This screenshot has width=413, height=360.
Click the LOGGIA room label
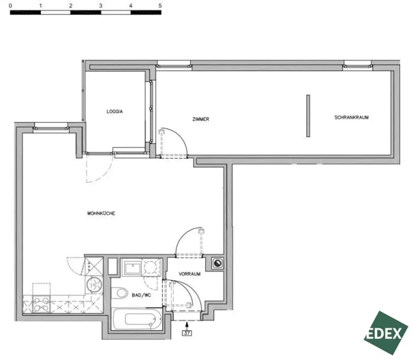pyautogui.click(x=115, y=111)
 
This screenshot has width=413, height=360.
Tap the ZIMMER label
pyautogui.click(x=201, y=119)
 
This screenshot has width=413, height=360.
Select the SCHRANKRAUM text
pyautogui.click(x=351, y=118)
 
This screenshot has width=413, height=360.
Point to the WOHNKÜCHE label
pyautogui.click(x=101, y=213)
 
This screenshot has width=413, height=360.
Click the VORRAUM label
pyautogui.click(x=190, y=274)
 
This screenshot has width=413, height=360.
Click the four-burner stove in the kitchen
pyautogui.click(x=41, y=304)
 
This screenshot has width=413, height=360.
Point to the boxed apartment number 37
pyautogui.click(x=187, y=333)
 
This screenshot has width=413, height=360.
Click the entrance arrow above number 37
pyautogui.click(x=187, y=324)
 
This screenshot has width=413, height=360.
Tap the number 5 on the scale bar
pyautogui.click(x=160, y=6)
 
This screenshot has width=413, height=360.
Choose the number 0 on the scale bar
pyautogui.click(x=10, y=6)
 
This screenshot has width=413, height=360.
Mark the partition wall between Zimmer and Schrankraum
pyautogui.click(x=308, y=116)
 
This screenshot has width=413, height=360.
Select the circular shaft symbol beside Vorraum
pyautogui.click(x=218, y=264)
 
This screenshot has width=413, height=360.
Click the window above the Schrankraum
pyautogui.click(x=357, y=64)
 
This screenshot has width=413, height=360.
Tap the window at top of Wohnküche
pyautogui.click(x=51, y=127)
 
